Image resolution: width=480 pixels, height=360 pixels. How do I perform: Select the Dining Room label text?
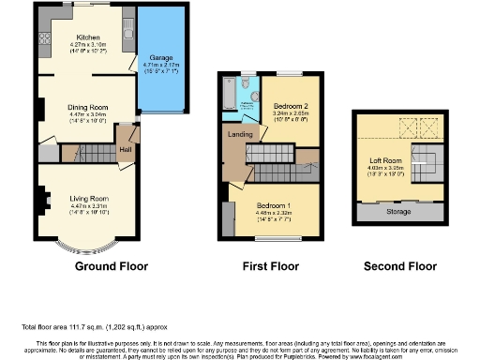(88, 107)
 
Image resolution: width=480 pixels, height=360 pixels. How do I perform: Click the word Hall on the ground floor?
(124, 147)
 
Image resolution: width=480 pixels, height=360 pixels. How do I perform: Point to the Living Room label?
(87, 199)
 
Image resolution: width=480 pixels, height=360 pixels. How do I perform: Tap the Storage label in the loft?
(397, 212)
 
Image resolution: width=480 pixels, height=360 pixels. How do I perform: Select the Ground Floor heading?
(108, 266)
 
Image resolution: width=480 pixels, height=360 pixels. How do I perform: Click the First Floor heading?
(270, 266)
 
